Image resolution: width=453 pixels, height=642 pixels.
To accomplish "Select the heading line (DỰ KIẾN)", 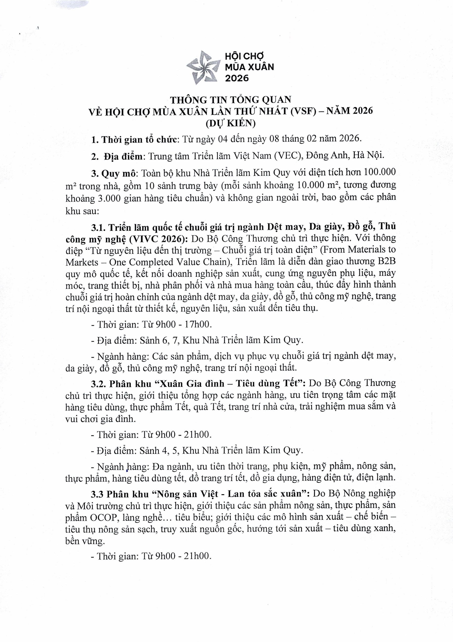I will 231,123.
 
